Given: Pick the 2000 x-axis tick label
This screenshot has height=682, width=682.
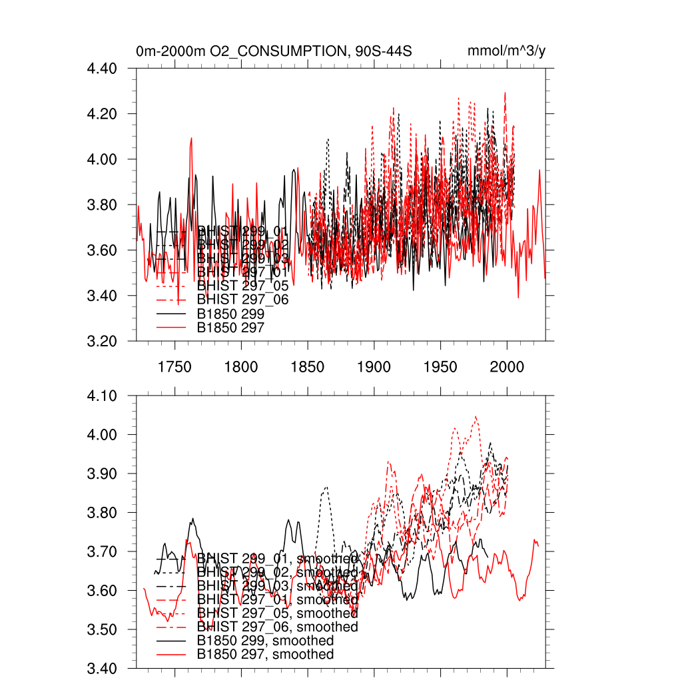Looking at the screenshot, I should (507, 366).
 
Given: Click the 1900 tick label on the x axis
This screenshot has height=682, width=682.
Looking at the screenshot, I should (374, 366).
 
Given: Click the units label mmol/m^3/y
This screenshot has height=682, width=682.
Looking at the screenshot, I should (507, 51).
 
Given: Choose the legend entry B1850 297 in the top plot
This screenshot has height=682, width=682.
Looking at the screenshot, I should (230, 327).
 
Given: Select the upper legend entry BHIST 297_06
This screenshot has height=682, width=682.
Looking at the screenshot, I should (242, 300).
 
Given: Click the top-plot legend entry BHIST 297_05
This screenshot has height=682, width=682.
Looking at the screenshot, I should (242, 286).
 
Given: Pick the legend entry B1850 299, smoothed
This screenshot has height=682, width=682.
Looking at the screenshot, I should (265, 641).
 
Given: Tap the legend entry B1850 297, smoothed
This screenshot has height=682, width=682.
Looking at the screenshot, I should (265, 655).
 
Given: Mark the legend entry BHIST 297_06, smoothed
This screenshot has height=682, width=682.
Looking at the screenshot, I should (277, 627).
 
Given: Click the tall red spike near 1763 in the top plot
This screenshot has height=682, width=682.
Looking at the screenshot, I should (191, 139).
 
